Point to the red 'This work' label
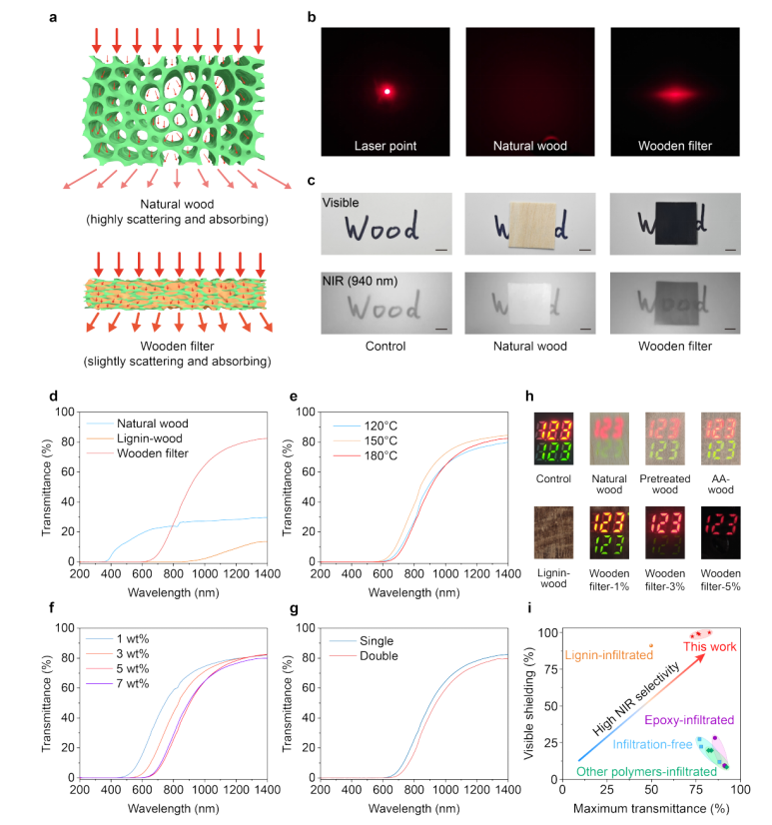708,647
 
